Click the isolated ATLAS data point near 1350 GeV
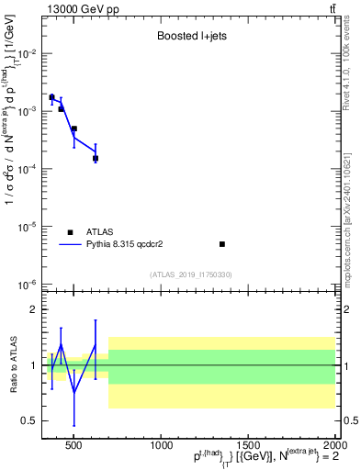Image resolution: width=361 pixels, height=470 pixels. (x=222, y=244)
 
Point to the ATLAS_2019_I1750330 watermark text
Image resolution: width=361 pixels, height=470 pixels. (x=191, y=274)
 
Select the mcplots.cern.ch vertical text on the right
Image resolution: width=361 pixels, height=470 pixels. (x=348, y=211)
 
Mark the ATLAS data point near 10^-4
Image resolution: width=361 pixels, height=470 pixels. (x=96, y=158)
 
